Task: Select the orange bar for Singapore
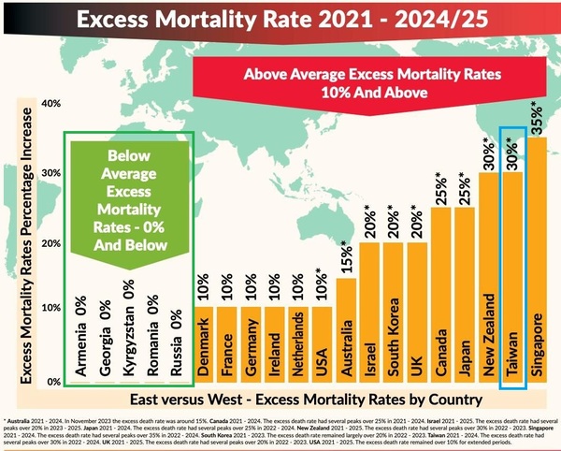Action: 537,262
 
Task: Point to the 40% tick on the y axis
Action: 49,104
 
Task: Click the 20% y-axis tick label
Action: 49,243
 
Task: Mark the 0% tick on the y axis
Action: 51,382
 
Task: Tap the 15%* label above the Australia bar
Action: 347,255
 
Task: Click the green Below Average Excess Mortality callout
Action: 127,200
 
